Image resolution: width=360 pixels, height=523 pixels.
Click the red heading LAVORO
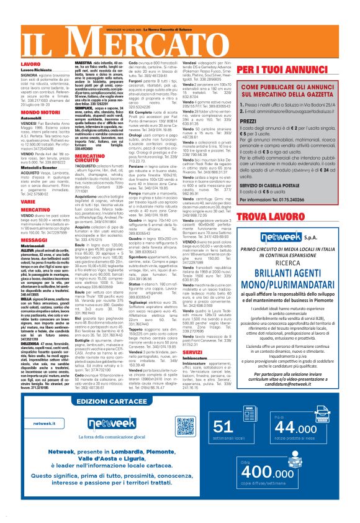click(x=13, y=64)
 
